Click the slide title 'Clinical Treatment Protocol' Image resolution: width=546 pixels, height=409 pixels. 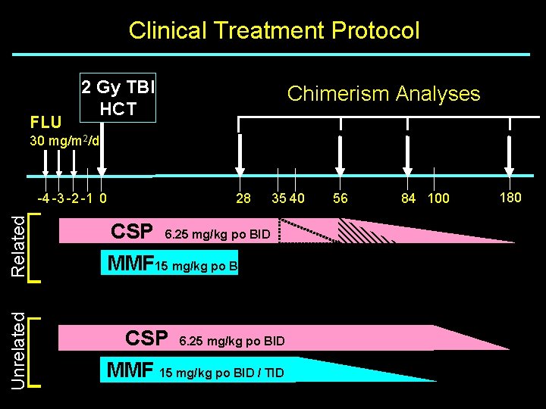pyautogui.click(x=274, y=30)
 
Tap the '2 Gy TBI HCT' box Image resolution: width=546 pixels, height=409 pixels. pyautogui.click(x=118, y=98)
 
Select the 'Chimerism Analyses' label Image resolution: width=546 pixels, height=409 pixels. pyautogui.click(x=383, y=93)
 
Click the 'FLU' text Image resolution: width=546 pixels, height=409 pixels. pyautogui.click(x=45, y=121)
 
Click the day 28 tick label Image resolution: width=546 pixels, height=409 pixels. pyautogui.click(x=243, y=199)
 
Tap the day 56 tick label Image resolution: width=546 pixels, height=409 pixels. pyautogui.click(x=340, y=198)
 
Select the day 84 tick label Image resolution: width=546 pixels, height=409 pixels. pyautogui.click(x=409, y=198)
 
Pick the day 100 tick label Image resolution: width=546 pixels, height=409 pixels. pyautogui.click(x=438, y=198)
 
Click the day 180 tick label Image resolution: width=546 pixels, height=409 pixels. pyautogui.click(x=510, y=198)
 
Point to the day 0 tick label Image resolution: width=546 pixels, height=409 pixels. pyautogui.click(x=102, y=199)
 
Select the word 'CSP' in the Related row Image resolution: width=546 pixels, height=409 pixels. pyautogui.click(x=132, y=231)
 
